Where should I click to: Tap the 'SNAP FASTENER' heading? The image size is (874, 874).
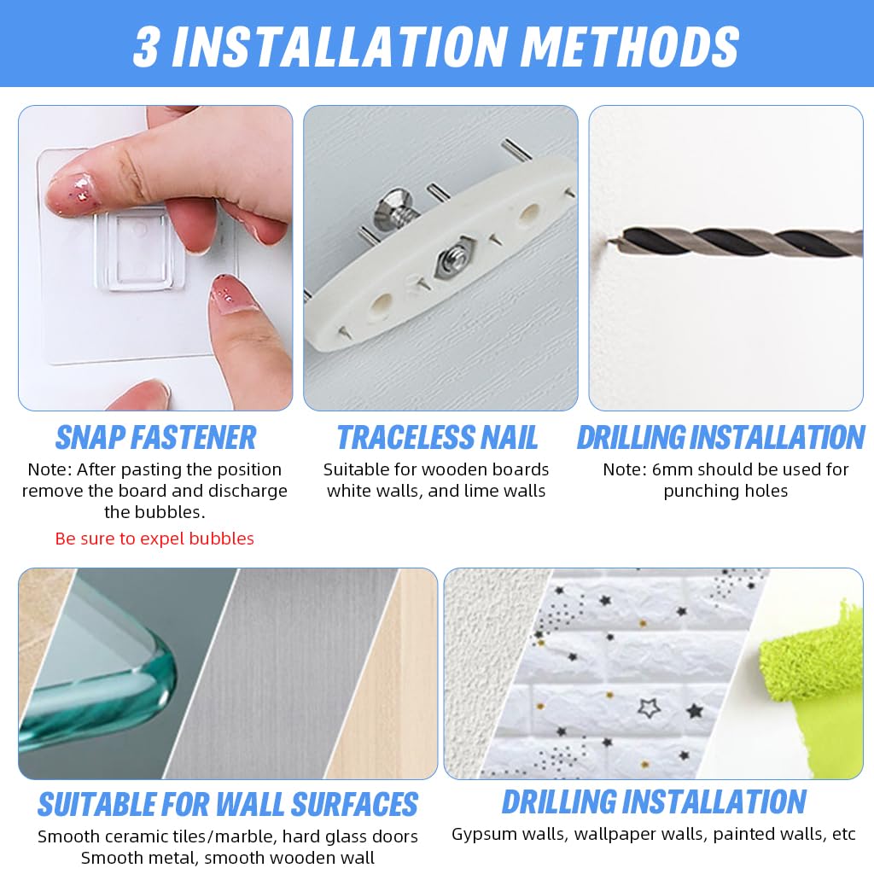click(155, 438)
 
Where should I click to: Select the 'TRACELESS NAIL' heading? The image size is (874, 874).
click(437, 438)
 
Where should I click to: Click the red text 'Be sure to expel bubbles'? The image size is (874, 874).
click(154, 539)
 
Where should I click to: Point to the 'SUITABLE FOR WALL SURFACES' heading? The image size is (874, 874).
click(227, 805)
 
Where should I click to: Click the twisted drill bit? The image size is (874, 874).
click(734, 242)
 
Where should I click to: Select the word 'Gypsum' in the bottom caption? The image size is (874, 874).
click(481, 834)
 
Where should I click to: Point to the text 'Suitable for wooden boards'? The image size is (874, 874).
click(436, 469)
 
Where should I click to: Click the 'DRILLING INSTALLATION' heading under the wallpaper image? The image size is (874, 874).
click(653, 802)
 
